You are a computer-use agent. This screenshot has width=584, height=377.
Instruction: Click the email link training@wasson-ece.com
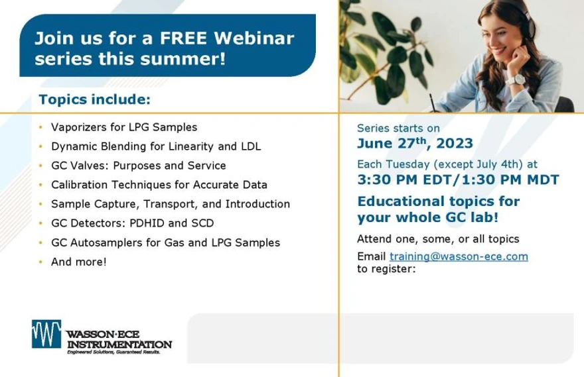[x=459, y=257]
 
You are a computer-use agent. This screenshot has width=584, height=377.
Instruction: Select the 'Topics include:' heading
[x=95, y=100]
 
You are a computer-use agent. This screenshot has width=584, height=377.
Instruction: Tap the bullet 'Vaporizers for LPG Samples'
[x=124, y=127]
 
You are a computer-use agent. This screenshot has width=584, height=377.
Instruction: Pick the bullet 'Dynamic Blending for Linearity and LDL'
[x=156, y=146]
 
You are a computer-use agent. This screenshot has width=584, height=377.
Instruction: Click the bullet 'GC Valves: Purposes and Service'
[x=138, y=166]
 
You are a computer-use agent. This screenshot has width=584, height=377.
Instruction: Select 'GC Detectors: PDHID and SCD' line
[x=132, y=223]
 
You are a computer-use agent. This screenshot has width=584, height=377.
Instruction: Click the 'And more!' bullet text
[x=78, y=262]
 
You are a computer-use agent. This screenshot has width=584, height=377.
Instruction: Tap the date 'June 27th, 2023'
[x=415, y=144]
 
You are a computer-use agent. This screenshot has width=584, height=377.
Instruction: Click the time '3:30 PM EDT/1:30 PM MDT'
[x=458, y=180]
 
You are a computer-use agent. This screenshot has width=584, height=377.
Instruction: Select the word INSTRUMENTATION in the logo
[x=119, y=344]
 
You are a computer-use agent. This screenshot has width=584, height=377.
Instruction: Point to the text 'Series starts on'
[x=398, y=129]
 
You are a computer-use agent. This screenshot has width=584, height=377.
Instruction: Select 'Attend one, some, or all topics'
[x=438, y=239]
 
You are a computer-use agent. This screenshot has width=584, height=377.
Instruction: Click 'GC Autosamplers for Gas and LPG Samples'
[x=165, y=242]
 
